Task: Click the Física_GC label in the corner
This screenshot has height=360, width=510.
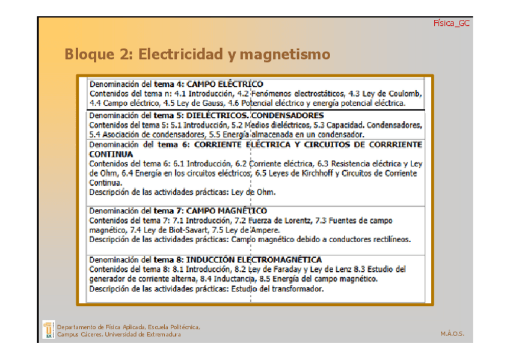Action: click(x=451, y=23)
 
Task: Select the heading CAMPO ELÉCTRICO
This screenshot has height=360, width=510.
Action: click(x=225, y=84)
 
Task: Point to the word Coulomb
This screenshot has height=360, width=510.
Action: click(x=405, y=94)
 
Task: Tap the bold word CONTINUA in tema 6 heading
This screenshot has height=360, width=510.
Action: click(x=111, y=154)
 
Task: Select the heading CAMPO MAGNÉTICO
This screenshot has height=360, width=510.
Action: click(x=227, y=211)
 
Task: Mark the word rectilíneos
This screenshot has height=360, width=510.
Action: click(x=389, y=239)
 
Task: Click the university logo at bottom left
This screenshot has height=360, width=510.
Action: click(x=49, y=330)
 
